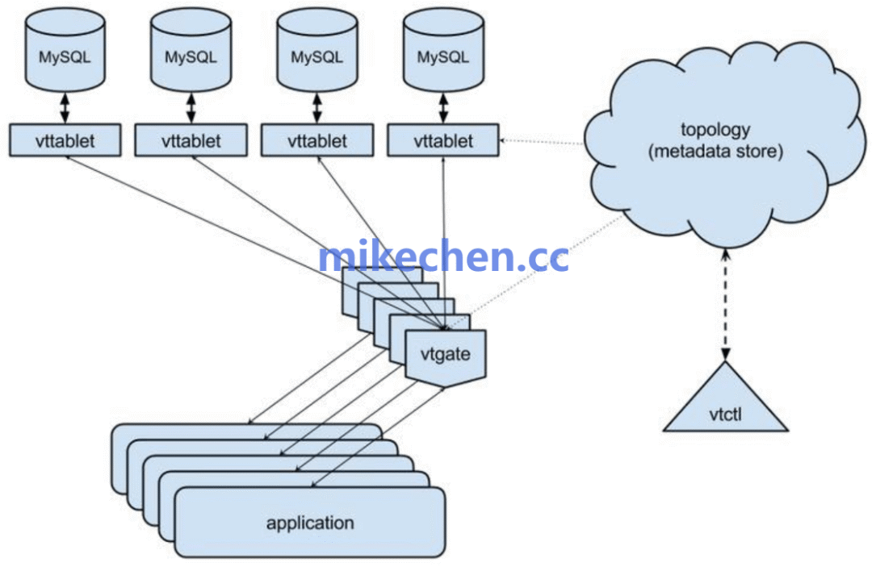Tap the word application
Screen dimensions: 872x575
310,523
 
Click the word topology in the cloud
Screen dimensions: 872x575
715,130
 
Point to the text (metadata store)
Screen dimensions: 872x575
715,151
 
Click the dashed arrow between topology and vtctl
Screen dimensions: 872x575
725,305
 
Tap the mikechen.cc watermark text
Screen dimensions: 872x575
444,256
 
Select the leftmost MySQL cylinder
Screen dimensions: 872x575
65,49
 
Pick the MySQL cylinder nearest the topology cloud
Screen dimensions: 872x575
443,49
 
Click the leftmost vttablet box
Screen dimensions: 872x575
65,140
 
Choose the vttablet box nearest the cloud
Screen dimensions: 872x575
443,140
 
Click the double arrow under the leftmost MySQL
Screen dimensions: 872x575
65,108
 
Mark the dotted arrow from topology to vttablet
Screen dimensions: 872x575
543,142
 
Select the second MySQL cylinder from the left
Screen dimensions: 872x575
191,49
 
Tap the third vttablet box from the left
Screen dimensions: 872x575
317,140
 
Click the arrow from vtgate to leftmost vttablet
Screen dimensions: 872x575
254,243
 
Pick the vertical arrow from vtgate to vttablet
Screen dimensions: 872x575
443,243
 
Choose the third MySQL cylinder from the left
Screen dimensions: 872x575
317,49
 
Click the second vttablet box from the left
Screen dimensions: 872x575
191,140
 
